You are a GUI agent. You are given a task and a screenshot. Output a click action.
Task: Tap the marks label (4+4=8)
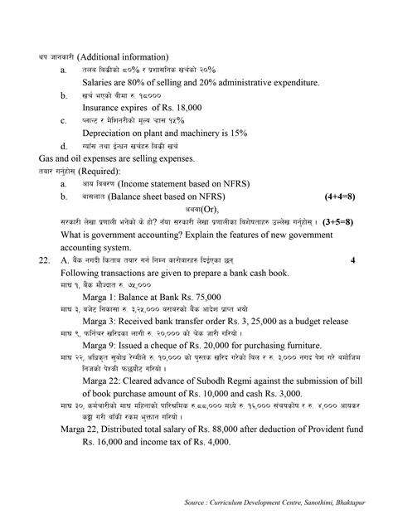337,196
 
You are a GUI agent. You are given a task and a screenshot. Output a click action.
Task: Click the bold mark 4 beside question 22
352,260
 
